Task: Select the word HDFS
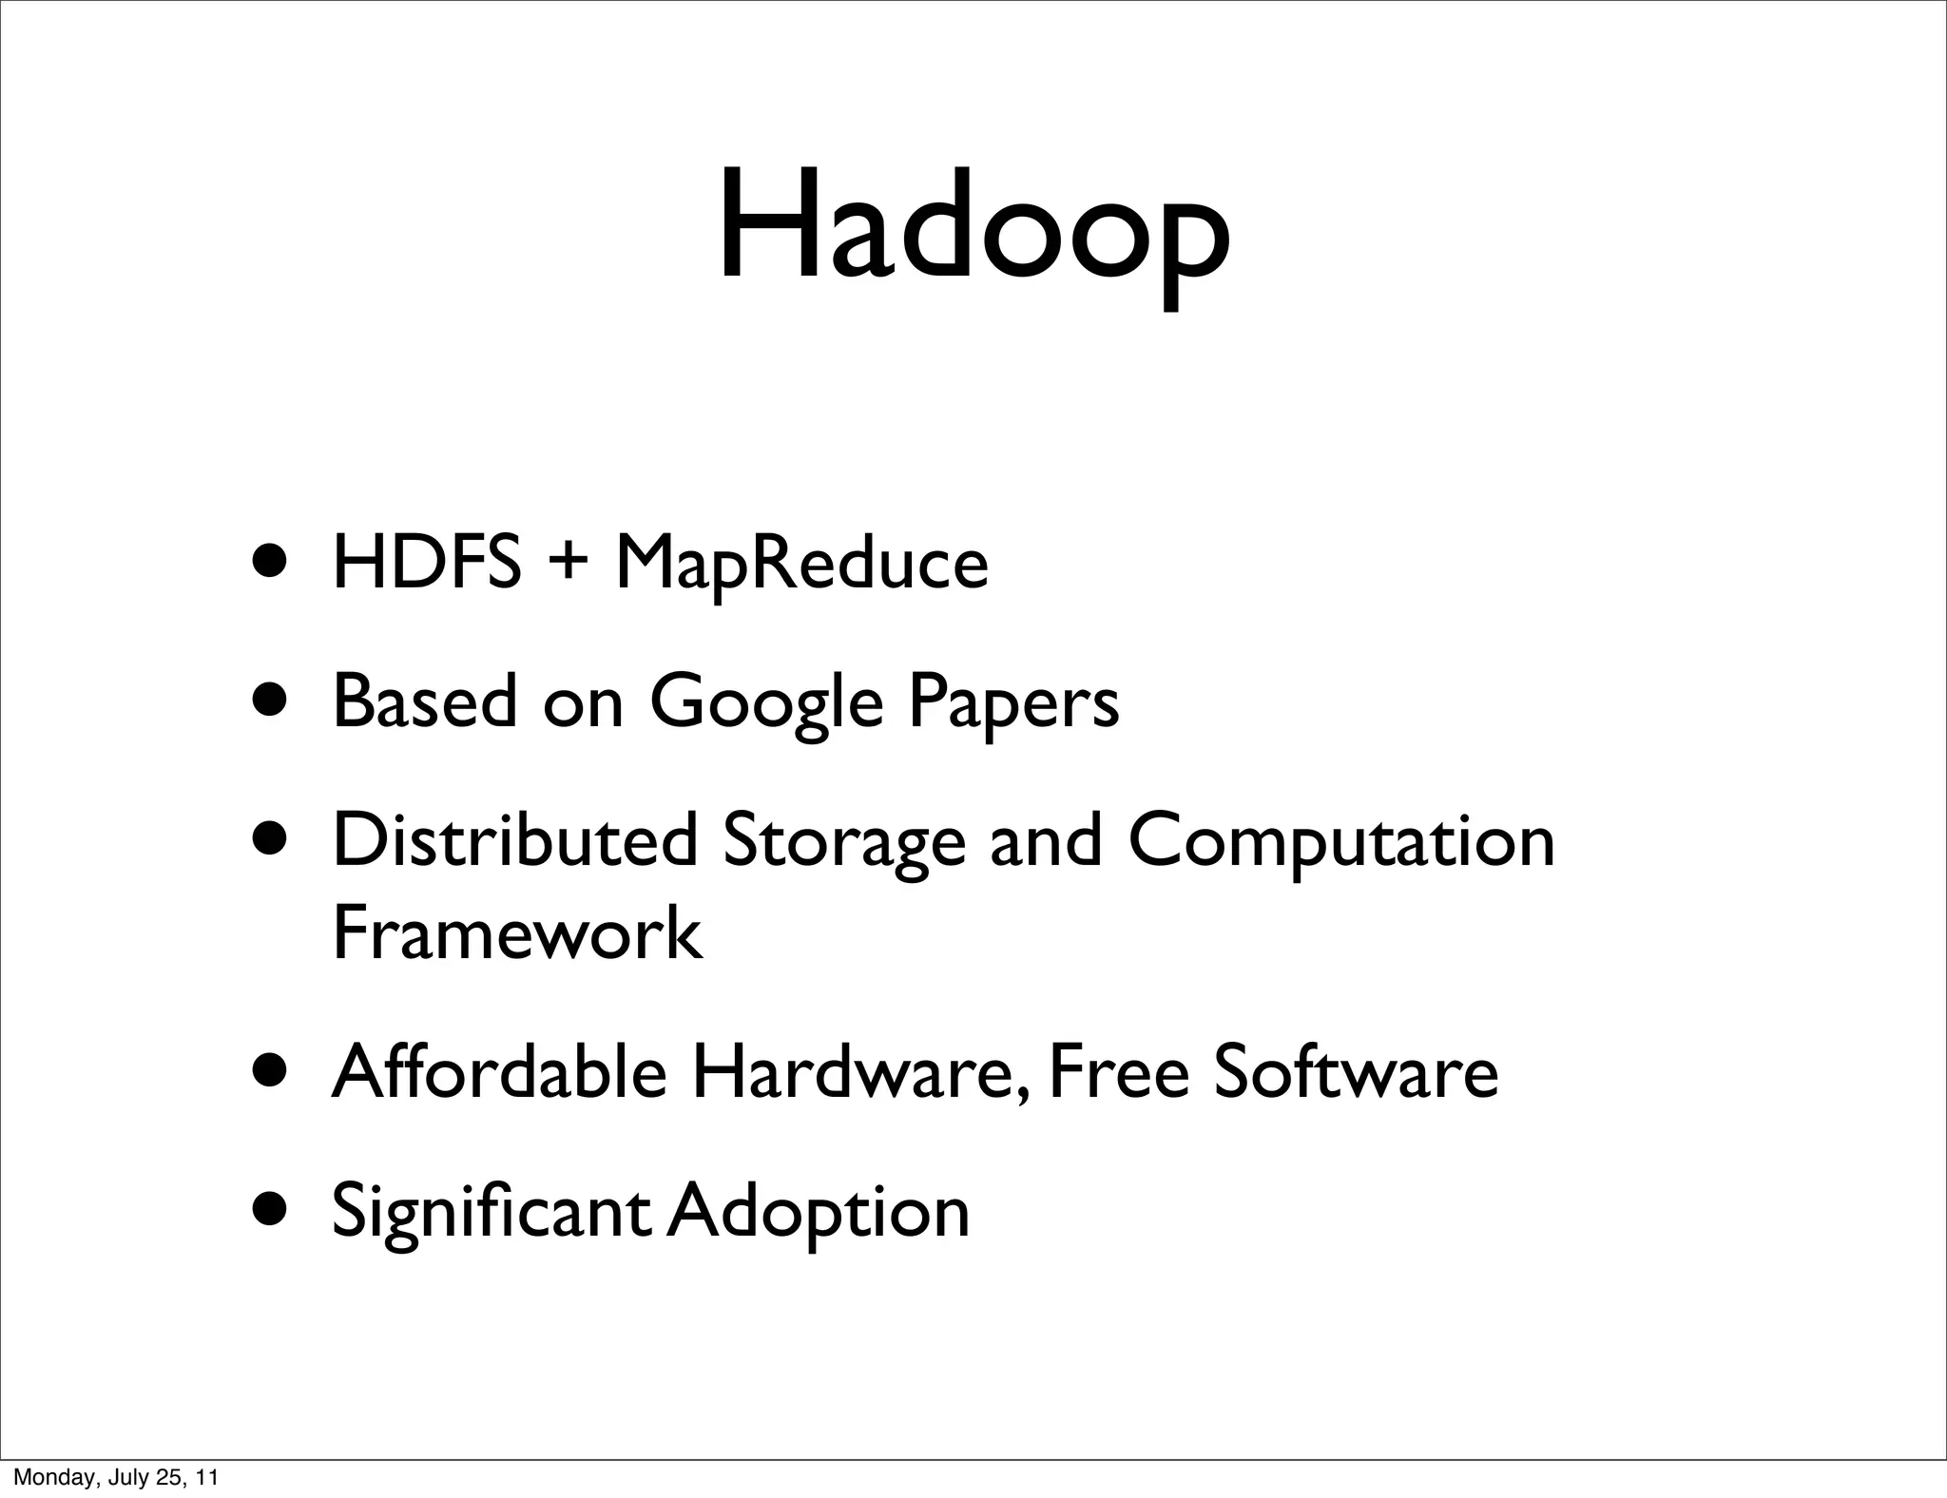coord(427,563)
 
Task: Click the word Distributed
coord(515,840)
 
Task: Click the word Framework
coord(517,933)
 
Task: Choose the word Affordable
coord(499,1071)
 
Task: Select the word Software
coord(1356,1071)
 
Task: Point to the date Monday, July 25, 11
coord(115,1477)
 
